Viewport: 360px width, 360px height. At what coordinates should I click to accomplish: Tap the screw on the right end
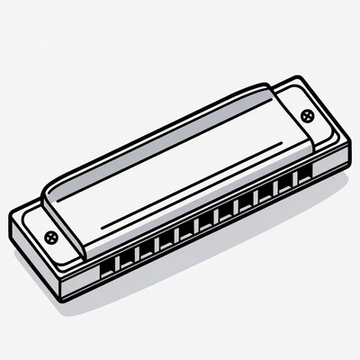[x=309, y=115]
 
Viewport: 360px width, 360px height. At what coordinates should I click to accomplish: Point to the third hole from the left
[x=146, y=247]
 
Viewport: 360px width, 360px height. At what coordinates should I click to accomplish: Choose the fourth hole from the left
[x=166, y=238]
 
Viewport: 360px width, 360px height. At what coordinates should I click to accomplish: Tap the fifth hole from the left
[x=185, y=229]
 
